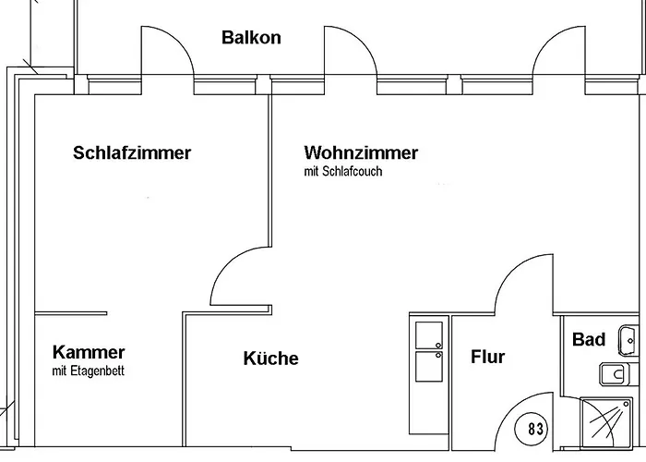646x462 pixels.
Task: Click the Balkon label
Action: (x=251, y=38)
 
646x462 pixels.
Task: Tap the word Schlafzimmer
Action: (x=132, y=153)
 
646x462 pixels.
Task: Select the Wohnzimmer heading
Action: (x=361, y=153)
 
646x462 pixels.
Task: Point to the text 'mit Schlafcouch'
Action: (x=342, y=172)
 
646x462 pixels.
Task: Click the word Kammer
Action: (x=89, y=352)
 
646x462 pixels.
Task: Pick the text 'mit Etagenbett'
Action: (x=89, y=371)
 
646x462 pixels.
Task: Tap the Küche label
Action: (x=271, y=359)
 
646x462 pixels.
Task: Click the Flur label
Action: (x=488, y=357)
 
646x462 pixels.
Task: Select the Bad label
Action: (x=589, y=340)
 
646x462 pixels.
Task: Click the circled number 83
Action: (x=536, y=429)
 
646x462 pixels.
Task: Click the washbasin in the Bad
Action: (x=628, y=340)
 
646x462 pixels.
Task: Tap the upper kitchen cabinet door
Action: (x=429, y=334)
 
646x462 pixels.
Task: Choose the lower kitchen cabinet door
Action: (x=429, y=366)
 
